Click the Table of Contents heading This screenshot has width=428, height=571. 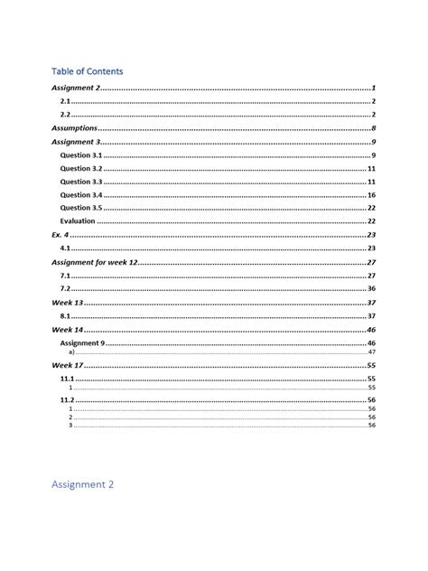pos(87,70)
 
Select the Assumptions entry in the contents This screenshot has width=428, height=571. pos(73,128)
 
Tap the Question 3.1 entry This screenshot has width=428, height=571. pos(81,155)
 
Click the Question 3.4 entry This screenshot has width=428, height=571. pos(81,195)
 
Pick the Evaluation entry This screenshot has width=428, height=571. pos(77,221)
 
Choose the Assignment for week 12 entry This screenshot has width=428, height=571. pos(95,261)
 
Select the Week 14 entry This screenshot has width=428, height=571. pos(68,331)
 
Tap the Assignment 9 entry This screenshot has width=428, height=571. pos(83,343)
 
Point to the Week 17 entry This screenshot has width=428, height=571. pos(68,365)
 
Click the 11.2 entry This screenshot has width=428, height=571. pos(67,399)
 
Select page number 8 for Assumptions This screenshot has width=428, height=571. pos(373,128)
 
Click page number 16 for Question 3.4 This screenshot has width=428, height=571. pos(371,195)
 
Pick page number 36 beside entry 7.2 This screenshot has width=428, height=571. pos(371,288)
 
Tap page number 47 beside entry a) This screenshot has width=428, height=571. pos(371,351)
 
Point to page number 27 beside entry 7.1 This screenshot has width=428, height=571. pos(371,275)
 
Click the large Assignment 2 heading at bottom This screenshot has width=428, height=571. pos(82,484)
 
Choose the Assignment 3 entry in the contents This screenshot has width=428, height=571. pos(76,142)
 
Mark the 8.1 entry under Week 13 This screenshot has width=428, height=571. pos(65,316)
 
